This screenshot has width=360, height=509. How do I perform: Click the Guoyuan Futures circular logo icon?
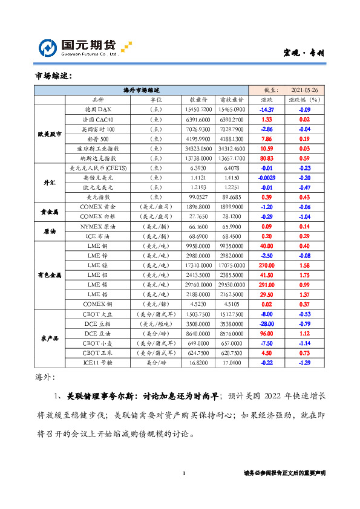[x=48, y=48]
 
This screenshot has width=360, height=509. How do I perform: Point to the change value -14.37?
[x=267, y=109]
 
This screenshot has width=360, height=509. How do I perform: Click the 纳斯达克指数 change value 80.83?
[x=267, y=158]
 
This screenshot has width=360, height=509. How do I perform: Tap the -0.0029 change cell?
[x=267, y=178]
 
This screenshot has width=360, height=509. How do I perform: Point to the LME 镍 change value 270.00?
[x=267, y=265]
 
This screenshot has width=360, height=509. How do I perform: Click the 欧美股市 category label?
[x=49, y=134]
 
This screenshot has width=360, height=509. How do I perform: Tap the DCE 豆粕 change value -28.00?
[x=267, y=323]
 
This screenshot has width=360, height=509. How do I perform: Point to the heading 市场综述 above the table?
[x=54, y=76]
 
